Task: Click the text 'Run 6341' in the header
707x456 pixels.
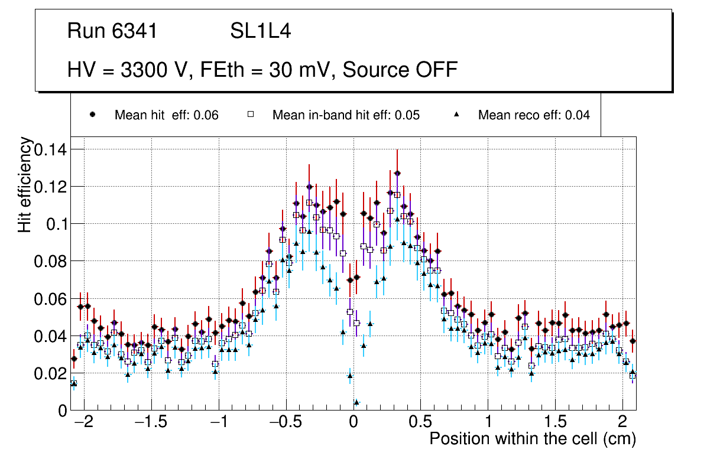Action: click(112, 31)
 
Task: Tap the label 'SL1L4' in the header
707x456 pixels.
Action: click(260, 31)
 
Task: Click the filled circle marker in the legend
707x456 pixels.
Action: click(92, 115)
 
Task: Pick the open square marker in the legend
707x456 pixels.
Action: click(250, 115)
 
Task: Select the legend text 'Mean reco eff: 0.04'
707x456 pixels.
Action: click(534, 115)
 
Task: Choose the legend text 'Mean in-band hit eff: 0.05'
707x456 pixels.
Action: click(346, 115)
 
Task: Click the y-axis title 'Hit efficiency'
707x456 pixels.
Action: click(25, 184)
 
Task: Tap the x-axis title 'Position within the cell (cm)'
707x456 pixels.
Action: click(532, 439)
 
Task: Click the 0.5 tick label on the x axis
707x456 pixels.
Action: click(420, 422)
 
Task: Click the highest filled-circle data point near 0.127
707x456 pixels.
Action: click(397, 173)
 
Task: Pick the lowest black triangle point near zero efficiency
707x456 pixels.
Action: click(356, 402)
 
